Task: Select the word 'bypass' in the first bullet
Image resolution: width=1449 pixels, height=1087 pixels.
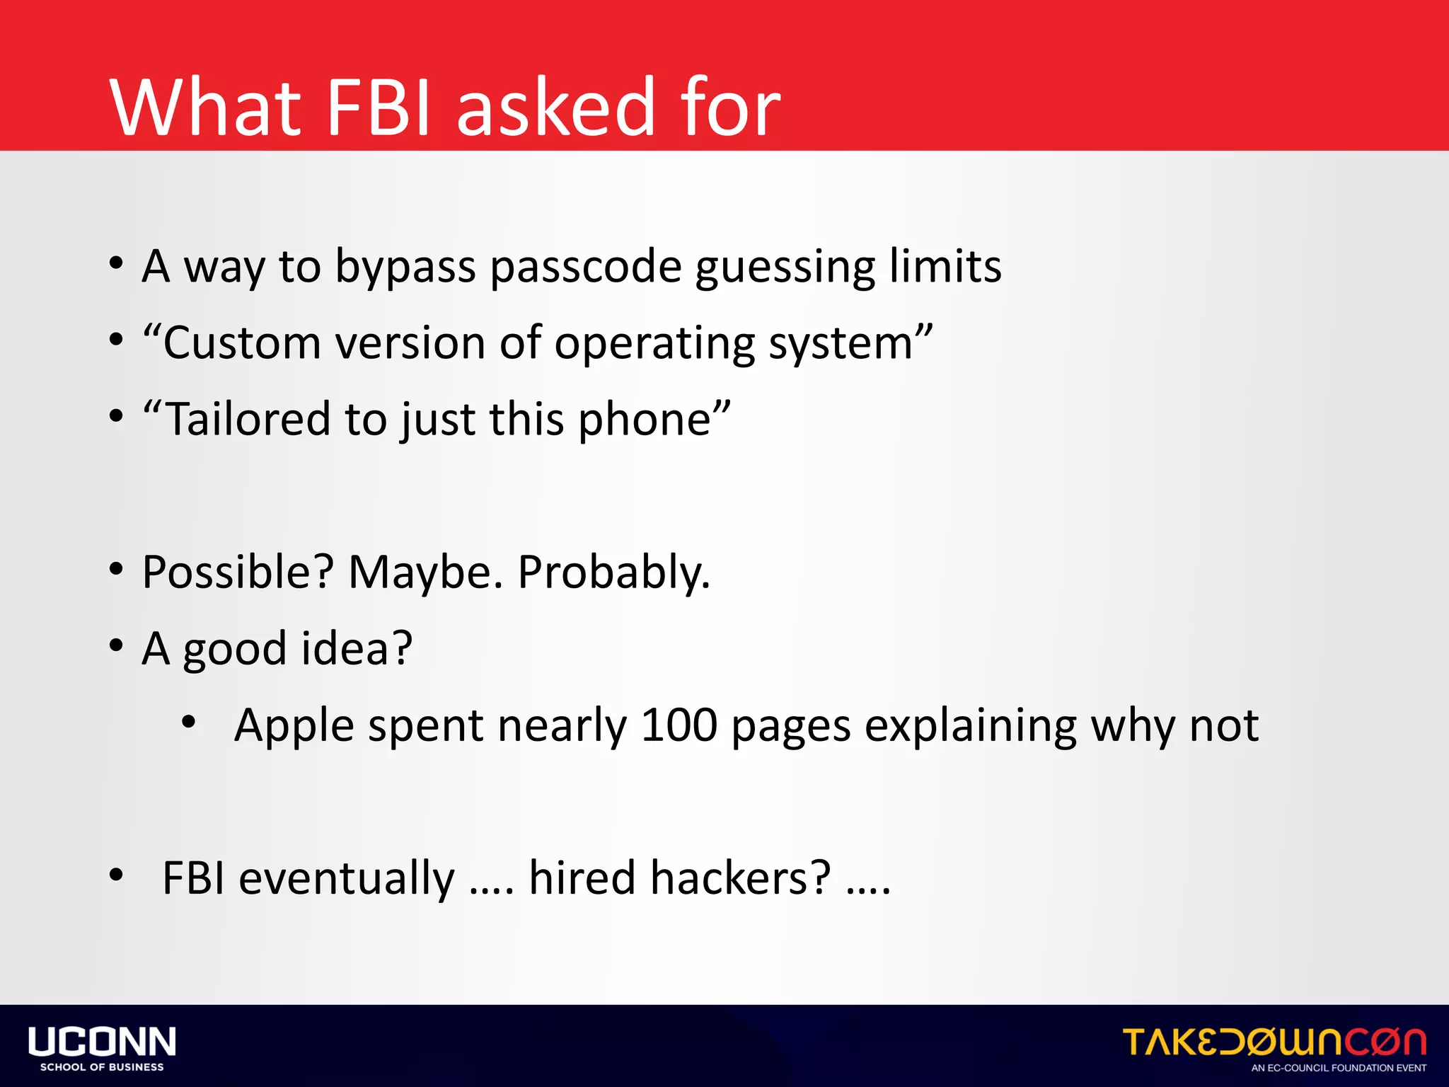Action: pos(405,268)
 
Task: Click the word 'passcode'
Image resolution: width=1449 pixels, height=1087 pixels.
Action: pos(585,268)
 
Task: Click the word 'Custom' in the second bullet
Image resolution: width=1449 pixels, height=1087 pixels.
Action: pos(241,343)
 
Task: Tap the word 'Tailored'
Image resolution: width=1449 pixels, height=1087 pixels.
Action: pos(248,419)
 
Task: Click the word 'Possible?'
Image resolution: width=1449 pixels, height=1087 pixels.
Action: pos(238,572)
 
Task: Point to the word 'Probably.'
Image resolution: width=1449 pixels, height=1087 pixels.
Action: pos(613,572)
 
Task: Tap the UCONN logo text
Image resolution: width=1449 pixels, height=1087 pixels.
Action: pos(102,1042)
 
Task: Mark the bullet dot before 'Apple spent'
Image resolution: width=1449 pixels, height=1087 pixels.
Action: pos(188,722)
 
